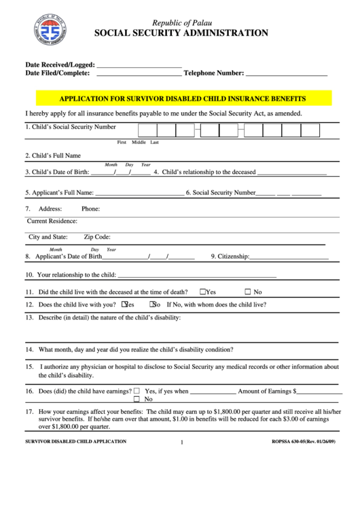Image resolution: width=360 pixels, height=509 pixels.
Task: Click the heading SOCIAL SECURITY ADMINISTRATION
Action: pyautogui.click(x=180, y=33)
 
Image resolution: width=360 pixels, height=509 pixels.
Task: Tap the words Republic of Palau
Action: pyautogui.click(x=180, y=21)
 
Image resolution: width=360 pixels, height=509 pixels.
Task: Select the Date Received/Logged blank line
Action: pyautogui.click(x=139, y=66)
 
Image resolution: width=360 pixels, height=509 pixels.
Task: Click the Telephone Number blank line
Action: pyautogui.click(x=286, y=73)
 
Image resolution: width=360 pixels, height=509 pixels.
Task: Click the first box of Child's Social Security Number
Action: pyautogui.click(x=147, y=130)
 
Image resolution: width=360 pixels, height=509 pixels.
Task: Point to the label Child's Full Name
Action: pyautogui.click(x=53, y=156)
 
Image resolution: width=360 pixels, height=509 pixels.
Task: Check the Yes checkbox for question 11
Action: pyautogui.click(x=203, y=291)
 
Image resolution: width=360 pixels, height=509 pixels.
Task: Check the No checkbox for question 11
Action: pyautogui.click(x=248, y=291)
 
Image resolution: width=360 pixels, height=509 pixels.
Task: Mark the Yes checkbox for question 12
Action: pyautogui.click(x=125, y=304)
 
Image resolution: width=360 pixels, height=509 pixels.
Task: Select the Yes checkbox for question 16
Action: pyautogui.click(x=138, y=391)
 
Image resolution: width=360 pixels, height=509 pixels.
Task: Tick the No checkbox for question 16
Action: pyautogui.click(x=138, y=399)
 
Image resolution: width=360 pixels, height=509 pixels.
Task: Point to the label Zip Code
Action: pyautogui.click(x=97, y=237)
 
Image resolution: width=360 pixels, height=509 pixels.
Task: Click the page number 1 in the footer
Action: pyautogui.click(x=182, y=443)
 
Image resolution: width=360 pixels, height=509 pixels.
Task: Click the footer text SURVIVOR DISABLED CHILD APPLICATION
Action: pyautogui.click(x=76, y=442)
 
